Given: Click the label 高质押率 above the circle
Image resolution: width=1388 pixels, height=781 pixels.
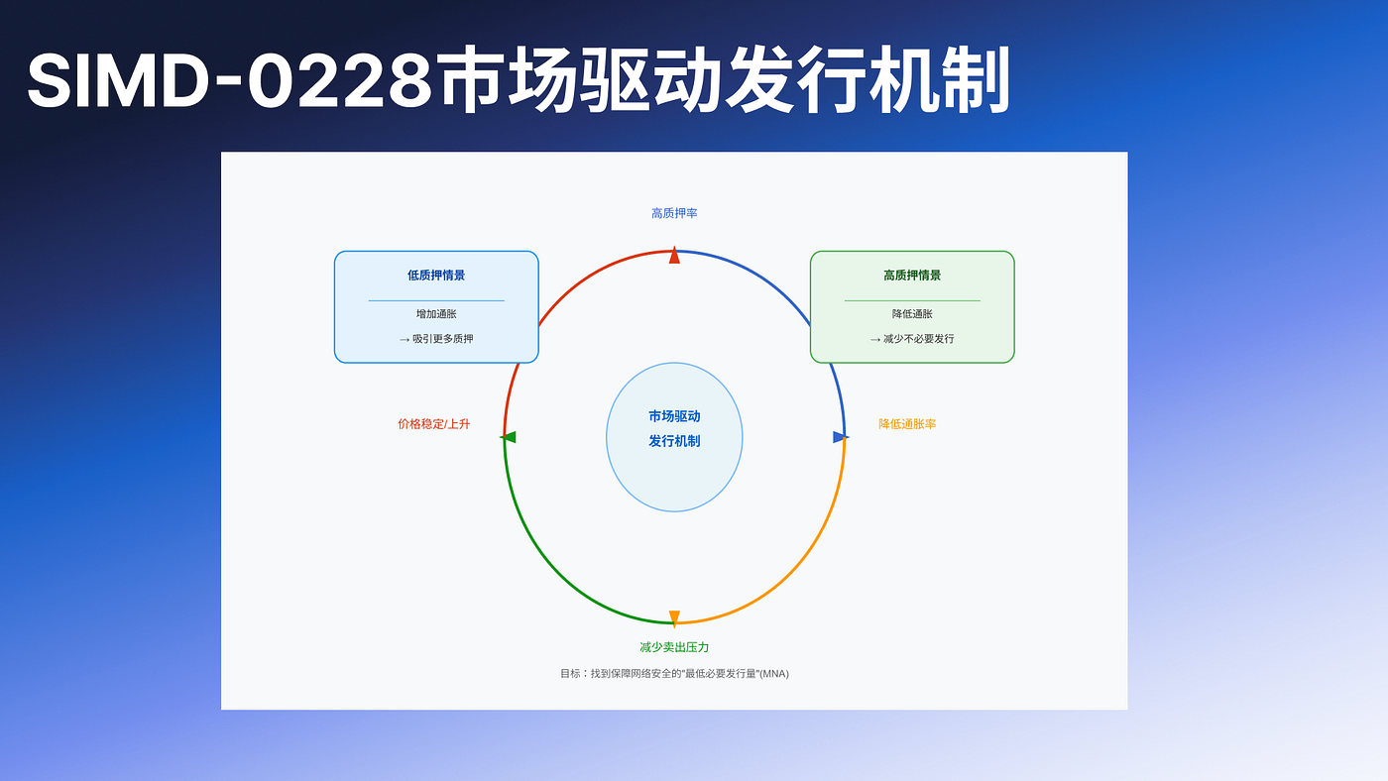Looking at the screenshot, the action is (674, 213).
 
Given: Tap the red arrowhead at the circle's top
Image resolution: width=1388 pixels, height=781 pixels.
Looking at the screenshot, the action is (674, 255).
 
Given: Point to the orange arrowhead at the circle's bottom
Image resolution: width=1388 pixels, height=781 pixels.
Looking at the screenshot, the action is (674, 618).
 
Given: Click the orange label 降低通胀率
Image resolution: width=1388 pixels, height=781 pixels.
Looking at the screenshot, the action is (907, 424).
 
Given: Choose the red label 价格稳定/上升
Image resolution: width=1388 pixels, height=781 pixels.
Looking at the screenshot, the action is (433, 424).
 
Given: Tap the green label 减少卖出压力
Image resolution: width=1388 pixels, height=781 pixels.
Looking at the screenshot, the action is (674, 647).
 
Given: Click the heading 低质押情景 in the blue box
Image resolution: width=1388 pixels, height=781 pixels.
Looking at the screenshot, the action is (436, 276).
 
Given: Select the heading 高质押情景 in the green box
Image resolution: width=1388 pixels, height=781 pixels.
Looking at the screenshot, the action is (912, 276).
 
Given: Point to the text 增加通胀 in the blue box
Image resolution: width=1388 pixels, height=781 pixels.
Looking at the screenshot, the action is (436, 314).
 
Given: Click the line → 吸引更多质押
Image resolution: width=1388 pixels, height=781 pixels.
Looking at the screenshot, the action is (436, 339).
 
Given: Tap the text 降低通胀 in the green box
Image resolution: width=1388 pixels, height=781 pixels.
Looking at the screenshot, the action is (912, 314).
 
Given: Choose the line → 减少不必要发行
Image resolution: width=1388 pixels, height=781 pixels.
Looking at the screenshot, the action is (912, 339).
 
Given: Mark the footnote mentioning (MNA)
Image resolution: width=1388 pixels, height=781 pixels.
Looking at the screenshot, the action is (674, 674).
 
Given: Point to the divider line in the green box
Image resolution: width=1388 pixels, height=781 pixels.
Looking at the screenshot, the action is (912, 300).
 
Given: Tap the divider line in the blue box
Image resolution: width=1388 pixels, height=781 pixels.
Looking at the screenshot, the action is (436, 300).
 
